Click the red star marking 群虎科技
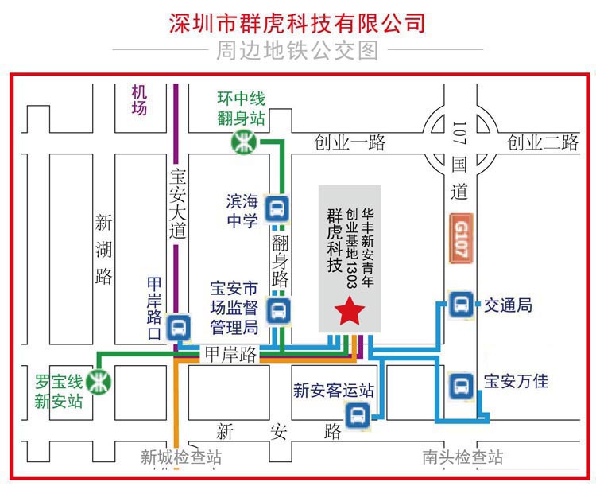point(350,310)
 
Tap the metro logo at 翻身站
point(244,142)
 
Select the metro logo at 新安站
point(99,382)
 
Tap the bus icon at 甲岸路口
point(178,327)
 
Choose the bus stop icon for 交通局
point(461,305)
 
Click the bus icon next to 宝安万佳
point(462,386)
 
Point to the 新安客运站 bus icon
point(358,415)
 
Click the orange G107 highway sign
point(461,239)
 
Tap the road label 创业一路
point(350,142)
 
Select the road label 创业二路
point(543,142)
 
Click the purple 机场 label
point(139,100)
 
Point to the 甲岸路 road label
point(230,354)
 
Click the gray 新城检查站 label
point(181,457)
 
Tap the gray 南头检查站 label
point(462,457)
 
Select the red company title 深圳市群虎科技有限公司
point(297,23)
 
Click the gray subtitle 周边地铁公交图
point(298,50)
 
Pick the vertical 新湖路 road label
point(103,249)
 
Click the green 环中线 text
point(241,99)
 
